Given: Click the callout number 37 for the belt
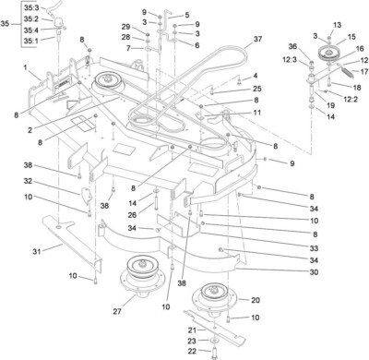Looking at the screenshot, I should [258, 40].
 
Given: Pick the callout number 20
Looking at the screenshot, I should [255, 301].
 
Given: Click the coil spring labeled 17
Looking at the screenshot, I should [341, 68].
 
